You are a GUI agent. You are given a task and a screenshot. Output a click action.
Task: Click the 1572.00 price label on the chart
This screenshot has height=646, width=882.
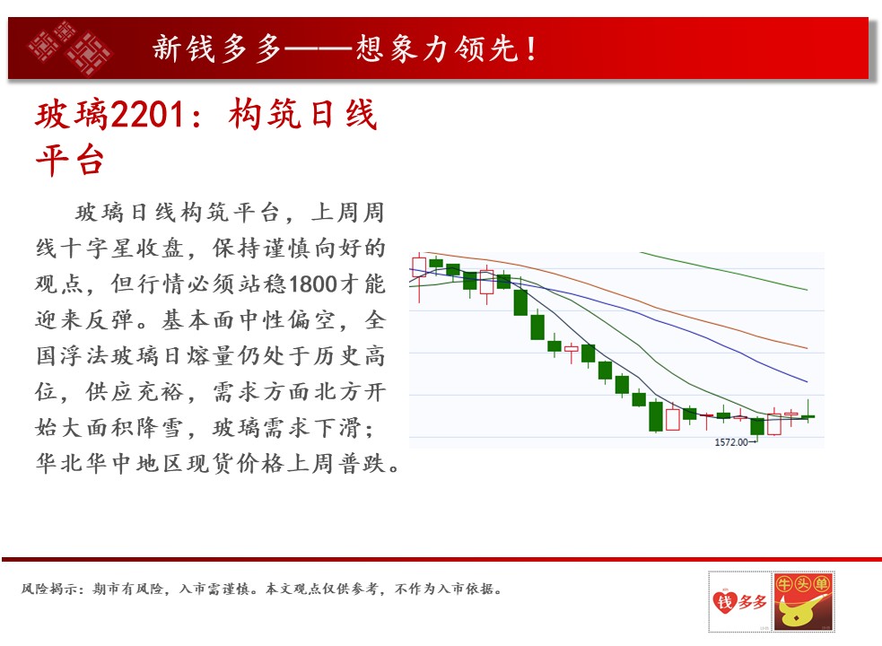point(731,442)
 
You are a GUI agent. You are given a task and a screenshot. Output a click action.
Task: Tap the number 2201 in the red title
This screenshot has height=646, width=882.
point(147,115)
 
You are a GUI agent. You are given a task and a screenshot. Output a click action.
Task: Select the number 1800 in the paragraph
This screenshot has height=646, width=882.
point(312,284)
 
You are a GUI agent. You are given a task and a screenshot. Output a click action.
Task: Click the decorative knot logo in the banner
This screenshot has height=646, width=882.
point(70,48)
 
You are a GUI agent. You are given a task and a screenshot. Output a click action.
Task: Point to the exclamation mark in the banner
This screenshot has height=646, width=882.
point(531,48)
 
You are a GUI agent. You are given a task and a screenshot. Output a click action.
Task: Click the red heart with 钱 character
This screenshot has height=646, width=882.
point(725,602)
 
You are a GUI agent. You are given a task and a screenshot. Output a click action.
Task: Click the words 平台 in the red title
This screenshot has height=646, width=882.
point(70,161)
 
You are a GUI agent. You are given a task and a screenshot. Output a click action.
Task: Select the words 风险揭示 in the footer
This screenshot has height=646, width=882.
point(50,589)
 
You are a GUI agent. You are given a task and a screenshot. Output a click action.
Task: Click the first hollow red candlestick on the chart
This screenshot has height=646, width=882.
point(419,266)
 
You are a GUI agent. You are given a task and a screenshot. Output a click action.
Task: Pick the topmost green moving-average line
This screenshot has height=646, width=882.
point(724,271)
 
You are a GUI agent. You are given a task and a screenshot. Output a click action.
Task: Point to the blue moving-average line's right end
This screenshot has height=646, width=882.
point(808,381)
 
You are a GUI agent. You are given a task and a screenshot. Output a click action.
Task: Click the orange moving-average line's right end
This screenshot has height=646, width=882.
point(808,348)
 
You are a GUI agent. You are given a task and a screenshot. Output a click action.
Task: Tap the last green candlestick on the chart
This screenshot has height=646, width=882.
point(808,416)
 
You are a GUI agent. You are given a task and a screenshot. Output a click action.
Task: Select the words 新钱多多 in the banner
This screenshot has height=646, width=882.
point(216,48)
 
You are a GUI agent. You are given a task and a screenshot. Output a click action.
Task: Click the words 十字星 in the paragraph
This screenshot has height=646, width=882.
point(99,249)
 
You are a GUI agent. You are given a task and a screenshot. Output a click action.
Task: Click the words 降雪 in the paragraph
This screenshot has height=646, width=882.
point(162,428)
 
